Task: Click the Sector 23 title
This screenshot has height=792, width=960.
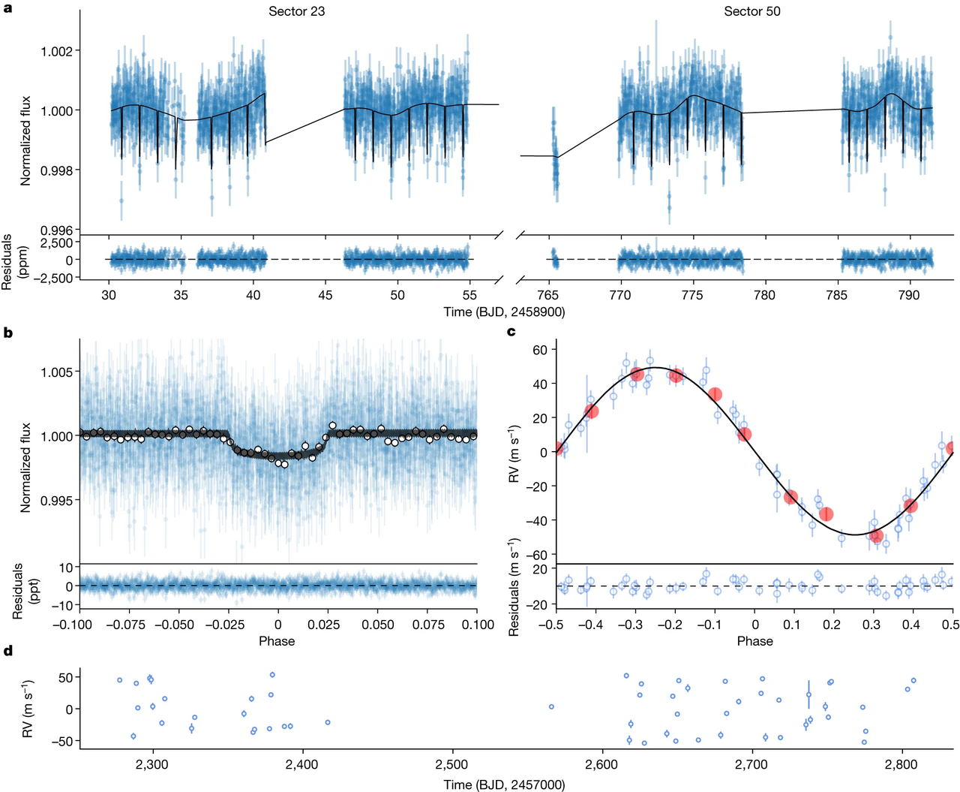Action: coord(296,11)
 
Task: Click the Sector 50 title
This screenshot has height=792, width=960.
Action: coord(752,11)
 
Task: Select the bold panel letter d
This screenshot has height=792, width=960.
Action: coord(7,651)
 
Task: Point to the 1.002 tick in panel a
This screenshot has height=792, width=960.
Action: coord(56,50)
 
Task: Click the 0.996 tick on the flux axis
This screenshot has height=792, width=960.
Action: coord(56,230)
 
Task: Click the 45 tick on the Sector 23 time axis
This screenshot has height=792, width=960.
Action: coord(325,295)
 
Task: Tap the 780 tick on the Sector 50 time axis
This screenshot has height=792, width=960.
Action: coord(764,295)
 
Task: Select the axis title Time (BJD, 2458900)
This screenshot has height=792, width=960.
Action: coord(504,312)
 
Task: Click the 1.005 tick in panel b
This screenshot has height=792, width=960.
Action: coord(56,372)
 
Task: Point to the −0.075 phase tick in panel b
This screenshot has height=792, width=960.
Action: coord(130,625)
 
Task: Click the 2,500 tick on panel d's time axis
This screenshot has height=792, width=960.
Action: coord(452,764)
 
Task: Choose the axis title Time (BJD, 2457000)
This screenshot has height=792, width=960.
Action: coord(504,784)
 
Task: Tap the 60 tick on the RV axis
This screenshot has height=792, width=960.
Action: coord(541,350)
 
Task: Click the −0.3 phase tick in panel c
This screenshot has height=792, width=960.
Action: coord(636,625)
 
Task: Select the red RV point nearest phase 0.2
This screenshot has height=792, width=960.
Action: coord(826,513)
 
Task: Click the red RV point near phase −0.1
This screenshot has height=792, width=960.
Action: coord(715,394)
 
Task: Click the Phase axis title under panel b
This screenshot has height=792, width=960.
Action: coord(277,641)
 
